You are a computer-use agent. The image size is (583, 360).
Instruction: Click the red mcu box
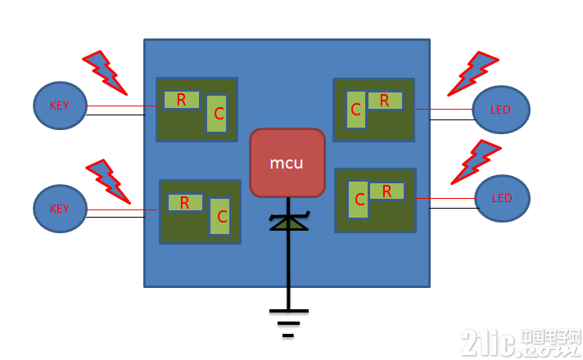287,163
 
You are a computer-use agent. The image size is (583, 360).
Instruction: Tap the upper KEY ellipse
61,106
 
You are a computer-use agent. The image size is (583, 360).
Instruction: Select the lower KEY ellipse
61,209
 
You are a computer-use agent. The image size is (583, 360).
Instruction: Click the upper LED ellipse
501,110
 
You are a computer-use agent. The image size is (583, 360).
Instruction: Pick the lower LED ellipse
502,198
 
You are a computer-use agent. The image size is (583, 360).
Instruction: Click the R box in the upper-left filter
182,100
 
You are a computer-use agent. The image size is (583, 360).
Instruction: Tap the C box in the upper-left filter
217,113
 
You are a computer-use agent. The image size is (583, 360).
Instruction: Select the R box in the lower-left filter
185,202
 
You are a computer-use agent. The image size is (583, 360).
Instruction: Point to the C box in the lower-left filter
220,216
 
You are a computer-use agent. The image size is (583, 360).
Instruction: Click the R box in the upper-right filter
385,101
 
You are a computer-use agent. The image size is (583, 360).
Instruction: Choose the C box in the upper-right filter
356,110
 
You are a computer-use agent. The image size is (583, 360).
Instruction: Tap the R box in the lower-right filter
387,191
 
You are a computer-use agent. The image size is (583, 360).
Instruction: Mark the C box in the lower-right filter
358,200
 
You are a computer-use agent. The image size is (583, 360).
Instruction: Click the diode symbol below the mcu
289,222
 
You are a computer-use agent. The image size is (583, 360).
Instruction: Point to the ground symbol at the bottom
288,322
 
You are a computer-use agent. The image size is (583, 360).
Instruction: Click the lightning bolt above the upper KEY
106,73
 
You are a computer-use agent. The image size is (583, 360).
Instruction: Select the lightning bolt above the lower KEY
109,182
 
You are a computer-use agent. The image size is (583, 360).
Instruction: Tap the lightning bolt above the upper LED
473,74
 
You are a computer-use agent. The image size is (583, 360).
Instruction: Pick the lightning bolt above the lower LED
477,162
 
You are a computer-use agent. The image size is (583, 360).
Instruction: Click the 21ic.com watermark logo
521,343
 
